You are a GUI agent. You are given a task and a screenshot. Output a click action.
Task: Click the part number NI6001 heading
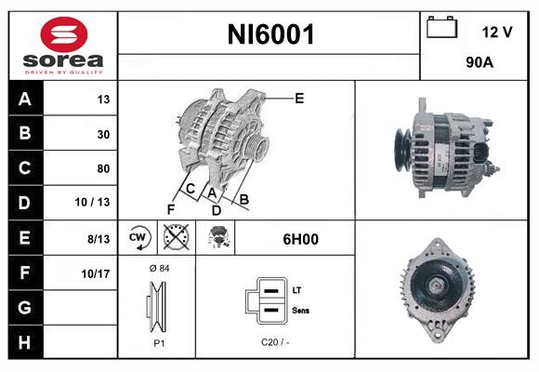pos(271,35)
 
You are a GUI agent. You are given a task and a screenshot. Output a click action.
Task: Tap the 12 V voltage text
pos(497,32)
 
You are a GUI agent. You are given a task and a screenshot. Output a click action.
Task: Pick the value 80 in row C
pos(102,169)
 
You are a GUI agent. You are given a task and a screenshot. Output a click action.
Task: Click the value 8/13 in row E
pos(98,239)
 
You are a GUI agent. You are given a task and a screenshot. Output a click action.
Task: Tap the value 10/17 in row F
pos(96,273)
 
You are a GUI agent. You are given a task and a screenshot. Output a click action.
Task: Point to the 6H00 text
pos(300,239)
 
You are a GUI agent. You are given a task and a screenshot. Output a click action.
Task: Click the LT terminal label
pos(296,291)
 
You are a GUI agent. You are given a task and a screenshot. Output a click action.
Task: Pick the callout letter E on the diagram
pos(299,98)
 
